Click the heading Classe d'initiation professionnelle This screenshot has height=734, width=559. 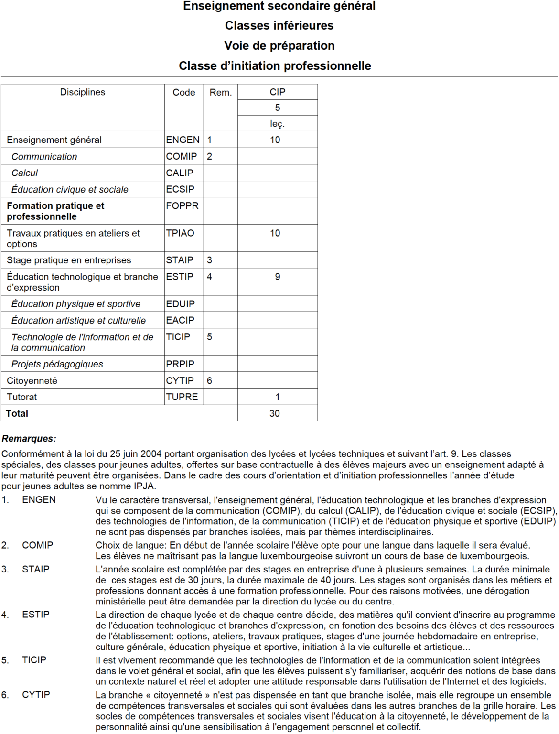[275, 66]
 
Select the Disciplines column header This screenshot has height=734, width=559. [83, 92]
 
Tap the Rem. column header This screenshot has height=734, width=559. [221, 93]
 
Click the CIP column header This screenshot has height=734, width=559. [278, 92]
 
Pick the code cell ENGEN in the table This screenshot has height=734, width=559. [183, 140]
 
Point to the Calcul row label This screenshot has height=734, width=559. [25, 173]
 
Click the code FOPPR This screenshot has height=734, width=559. [182, 206]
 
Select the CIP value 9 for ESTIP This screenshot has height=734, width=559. [278, 277]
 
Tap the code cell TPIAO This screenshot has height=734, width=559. [180, 233]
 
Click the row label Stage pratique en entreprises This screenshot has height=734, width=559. [69, 260]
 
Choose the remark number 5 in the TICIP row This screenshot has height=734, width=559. [210, 337]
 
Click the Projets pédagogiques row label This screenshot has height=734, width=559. [57, 364]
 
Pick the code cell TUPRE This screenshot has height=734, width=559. [182, 397]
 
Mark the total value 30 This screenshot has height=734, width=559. [275, 414]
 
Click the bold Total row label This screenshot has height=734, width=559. [17, 414]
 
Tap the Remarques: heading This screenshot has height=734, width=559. [29, 439]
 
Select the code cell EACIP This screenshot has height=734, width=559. [180, 320]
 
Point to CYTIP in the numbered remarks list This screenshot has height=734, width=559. [36, 695]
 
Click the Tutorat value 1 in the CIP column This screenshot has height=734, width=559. [278, 397]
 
